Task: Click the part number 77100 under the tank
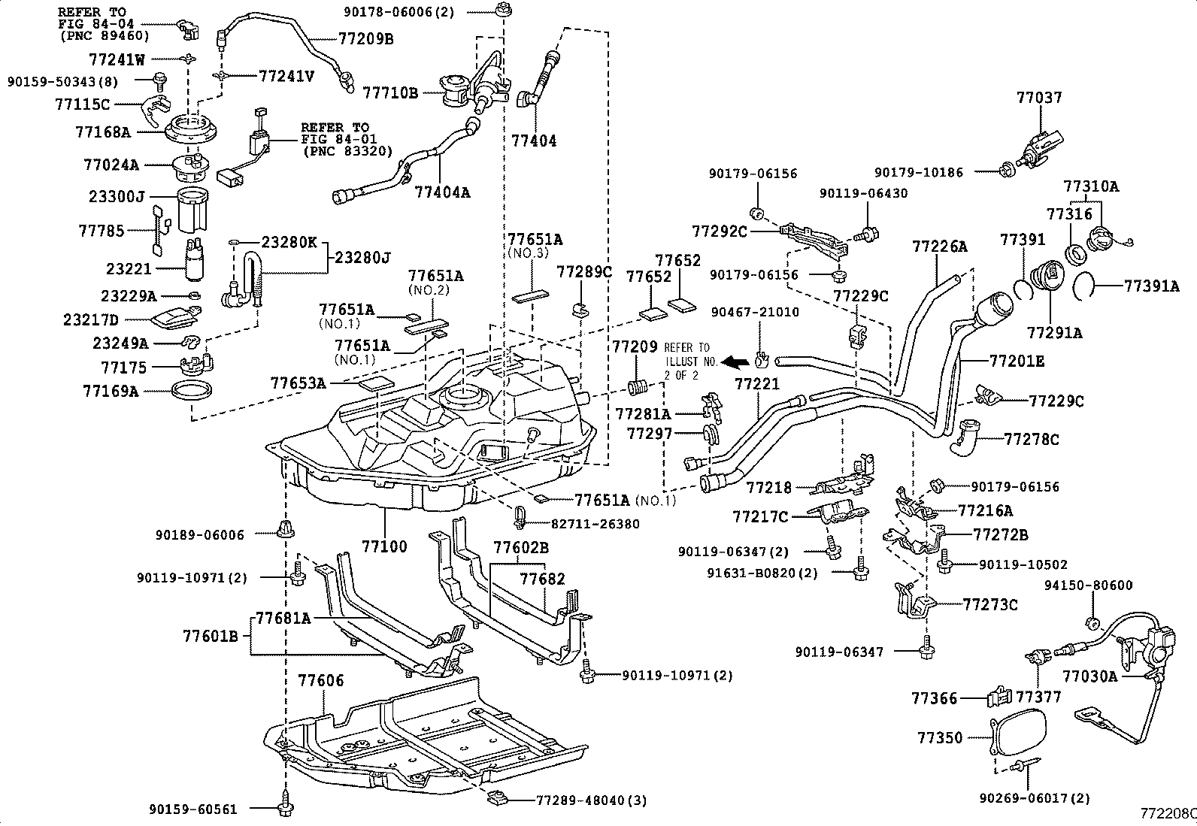(383, 546)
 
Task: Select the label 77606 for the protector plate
(321, 681)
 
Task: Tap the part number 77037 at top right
(1039, 98)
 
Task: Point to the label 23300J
(117, 197)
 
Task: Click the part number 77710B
(390, 92)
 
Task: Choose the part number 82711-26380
(595, 524)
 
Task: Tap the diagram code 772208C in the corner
(1168, 813)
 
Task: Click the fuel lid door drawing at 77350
(1019, 734)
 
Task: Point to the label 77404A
(442, 192)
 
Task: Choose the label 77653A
(298, 383)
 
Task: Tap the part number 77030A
(1090, 676)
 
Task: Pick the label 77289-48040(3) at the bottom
(592, 800)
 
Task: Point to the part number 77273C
(991, 604)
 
